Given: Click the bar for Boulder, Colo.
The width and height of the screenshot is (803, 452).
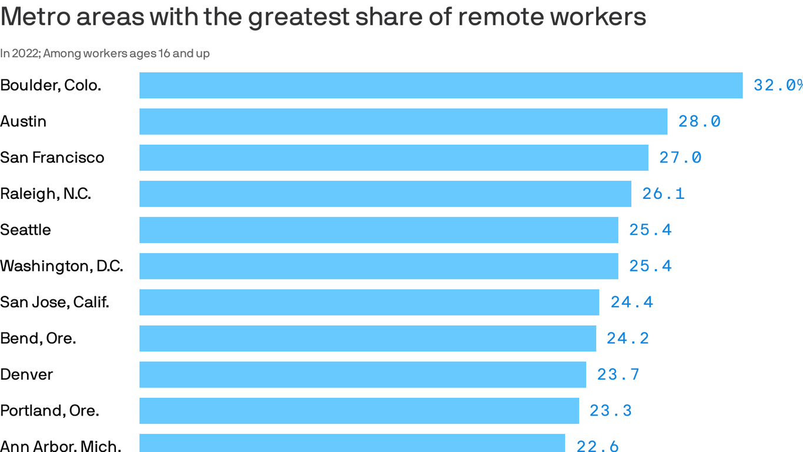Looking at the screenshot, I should [441, 85].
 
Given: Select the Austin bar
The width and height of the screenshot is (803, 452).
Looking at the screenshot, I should [403, 121].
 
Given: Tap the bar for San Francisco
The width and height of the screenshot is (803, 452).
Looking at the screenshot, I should [394, 158].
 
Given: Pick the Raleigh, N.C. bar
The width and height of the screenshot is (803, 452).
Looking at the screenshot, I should [385, 194].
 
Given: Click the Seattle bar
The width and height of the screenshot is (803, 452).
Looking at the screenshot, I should [379, 230].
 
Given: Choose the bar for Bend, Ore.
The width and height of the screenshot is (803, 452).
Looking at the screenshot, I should [367, 338].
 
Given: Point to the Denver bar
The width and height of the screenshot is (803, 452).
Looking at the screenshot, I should [363, 374].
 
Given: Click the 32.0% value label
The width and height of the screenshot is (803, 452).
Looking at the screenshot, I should [778, 85].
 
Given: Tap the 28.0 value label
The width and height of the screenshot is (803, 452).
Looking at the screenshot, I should [699, 121].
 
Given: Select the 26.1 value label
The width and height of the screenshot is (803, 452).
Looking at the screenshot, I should [663, 194].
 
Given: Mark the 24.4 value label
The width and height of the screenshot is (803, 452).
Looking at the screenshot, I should [631, 303].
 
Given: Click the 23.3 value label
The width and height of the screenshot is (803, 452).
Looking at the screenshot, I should [610, 411].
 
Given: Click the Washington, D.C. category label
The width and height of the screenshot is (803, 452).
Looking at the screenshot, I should [62, 266].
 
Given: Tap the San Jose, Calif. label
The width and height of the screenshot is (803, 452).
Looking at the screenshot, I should [55, 303].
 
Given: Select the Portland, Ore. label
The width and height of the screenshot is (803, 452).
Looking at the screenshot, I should [49, 411].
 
